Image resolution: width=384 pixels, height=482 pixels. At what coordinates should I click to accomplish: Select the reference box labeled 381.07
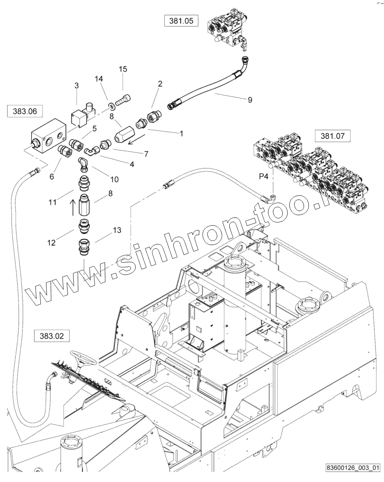coord(333,136)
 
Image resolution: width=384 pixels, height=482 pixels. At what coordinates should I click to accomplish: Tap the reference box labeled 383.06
coord(25,112)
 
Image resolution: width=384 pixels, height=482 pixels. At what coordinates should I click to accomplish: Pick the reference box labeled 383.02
coord(52,336)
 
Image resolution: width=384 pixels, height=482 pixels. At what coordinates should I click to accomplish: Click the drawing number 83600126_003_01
coord(352,468)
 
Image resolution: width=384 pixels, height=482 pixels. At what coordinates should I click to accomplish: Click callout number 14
coord(99,78)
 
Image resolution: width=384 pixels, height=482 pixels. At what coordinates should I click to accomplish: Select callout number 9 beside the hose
coord(250,99)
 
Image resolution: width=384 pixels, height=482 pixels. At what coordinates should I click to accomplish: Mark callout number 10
coord(114,179)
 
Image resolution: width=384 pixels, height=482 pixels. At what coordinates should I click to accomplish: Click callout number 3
coord(76,85)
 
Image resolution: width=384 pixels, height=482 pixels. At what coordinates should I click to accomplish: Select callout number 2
coord(160,84)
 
